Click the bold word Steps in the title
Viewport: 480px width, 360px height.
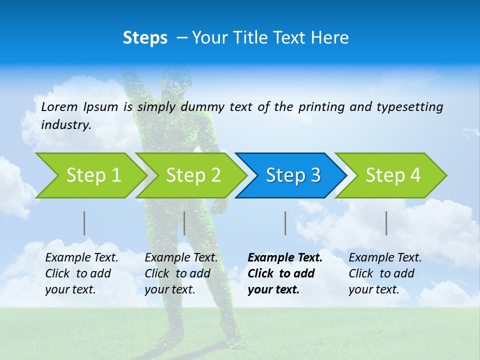coord(145,38)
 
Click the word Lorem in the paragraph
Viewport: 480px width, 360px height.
coord(59,107)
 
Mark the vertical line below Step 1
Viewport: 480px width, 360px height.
coord(84,223)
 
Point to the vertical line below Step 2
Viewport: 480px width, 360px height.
coord(184,223)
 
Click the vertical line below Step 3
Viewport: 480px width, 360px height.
coord(285,223)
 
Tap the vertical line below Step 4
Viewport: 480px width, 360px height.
coord(386,223)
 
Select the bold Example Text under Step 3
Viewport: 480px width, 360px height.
coord(285,258)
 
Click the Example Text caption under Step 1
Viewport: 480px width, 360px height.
coord(81,258)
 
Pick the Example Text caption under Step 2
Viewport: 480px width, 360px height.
coord(181,258)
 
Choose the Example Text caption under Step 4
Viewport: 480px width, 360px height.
coord(385,258)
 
